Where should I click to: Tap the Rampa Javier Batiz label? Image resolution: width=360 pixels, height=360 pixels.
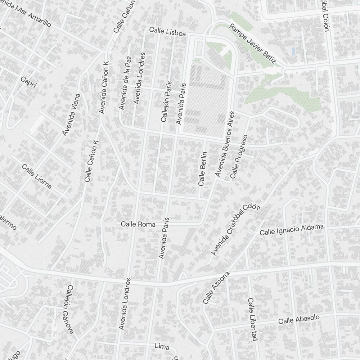coord(252,44)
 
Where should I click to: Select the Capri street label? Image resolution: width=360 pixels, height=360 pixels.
coord(29,82)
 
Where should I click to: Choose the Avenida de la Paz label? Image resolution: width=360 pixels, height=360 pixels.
coord(125,83)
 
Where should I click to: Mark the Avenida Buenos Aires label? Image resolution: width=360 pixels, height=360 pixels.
coord(225,144)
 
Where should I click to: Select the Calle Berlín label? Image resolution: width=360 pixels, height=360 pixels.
coord(202,168)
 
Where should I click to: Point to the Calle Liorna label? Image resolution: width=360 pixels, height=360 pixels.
coord(37,176)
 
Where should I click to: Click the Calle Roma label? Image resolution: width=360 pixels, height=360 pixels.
coord(138,224)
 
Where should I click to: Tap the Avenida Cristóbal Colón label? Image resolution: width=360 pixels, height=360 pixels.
coord(235,229)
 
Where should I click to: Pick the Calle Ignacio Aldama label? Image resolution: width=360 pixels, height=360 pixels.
coord(292,230)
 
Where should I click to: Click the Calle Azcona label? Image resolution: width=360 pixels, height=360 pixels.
coord(216,287)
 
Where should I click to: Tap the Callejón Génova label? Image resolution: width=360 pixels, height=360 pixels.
coord(71,309)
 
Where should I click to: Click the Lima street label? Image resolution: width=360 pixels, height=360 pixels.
coord(162,346)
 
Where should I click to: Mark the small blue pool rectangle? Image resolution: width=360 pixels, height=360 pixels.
coord(293,51)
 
